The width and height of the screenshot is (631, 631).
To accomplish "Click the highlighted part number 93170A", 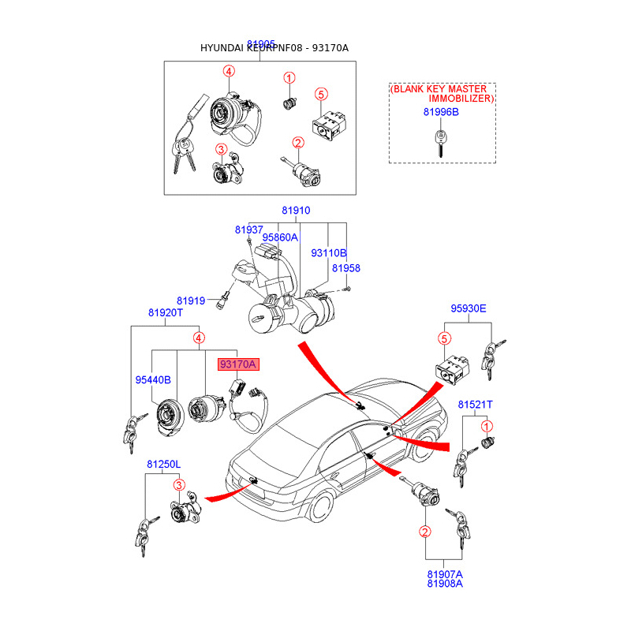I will click(237, 364).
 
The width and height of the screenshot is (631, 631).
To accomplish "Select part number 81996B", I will click(440, 112).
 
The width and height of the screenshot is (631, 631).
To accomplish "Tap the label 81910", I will click(296, 211).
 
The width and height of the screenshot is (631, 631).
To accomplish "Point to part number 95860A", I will click(280, 237).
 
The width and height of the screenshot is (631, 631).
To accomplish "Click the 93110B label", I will click(328, 253).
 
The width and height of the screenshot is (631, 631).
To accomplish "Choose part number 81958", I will click(345, 268).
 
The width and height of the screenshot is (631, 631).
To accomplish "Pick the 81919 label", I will click(191, 301).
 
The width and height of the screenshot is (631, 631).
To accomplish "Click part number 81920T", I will click(165, 312).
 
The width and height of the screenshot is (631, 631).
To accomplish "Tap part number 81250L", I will click(163, 465).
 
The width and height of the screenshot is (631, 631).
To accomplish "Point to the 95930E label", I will click(469, 308).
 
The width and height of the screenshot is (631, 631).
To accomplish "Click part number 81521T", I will click(476, 404).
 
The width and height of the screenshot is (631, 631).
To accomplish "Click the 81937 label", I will click(248, 230).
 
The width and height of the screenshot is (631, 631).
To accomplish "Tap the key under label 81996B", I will click(439, 144).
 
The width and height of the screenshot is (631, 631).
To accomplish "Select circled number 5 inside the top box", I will click(320, 95).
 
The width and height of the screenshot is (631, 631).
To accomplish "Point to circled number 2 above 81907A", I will click(424, 532).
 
